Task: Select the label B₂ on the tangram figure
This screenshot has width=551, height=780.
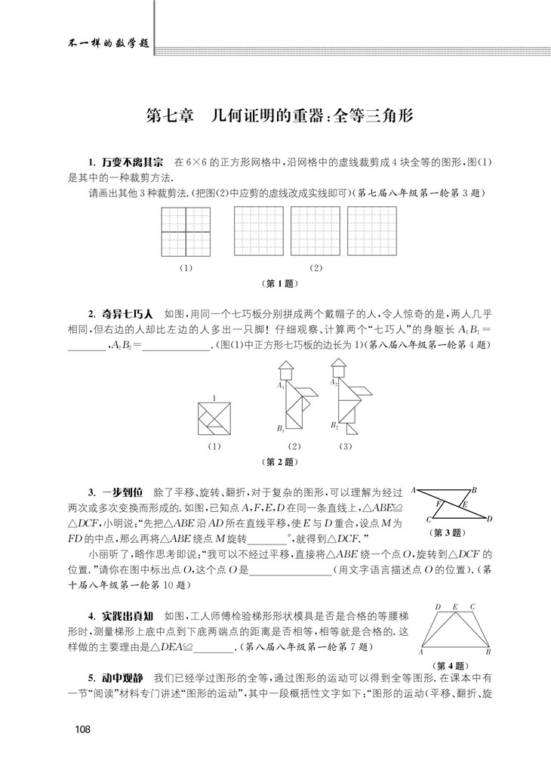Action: point(334,426)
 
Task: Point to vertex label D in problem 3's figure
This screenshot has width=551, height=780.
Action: point(490,518)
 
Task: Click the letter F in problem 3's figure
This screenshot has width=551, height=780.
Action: point(438,501)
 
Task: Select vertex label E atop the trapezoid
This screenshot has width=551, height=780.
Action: point(454,606)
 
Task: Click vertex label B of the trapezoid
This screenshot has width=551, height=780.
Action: point(488,652)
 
